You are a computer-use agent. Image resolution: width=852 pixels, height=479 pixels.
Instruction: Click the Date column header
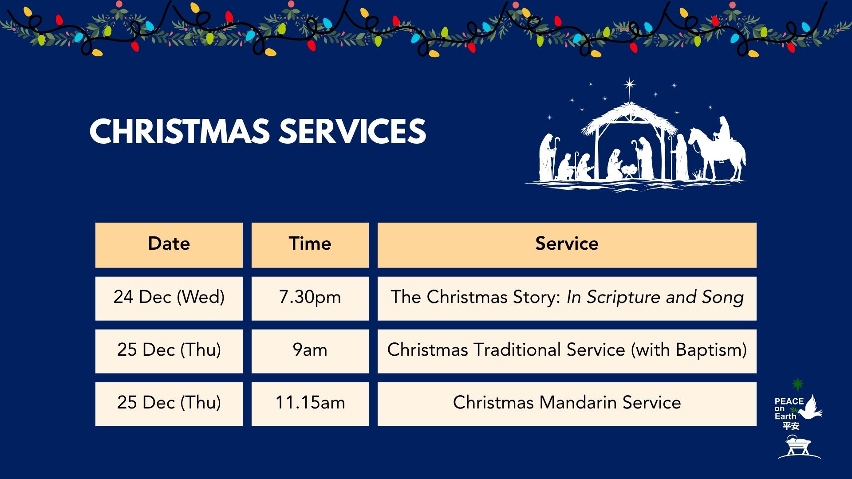pyautogui.click(x=169, y=245)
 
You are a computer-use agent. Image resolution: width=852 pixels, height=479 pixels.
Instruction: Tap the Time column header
pyautogui.click(x=310, y=245)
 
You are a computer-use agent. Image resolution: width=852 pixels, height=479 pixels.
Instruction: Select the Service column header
pyautogui.click(x=567, y=245)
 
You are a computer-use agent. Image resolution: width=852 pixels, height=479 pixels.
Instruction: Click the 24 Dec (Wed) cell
pyautogui.click(x=169, y=298)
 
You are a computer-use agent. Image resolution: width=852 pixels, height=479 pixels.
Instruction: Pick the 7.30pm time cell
pyautogui.click(x=310, y=298)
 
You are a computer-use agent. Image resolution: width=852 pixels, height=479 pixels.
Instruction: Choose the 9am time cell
pyautogui.click(x=310, y=351)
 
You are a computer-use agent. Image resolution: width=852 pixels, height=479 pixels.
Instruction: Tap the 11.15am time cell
pyautogui.click(x=310, y=404)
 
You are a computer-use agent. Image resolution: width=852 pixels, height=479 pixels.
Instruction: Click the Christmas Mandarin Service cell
pyautogui.click(x=567, y=404)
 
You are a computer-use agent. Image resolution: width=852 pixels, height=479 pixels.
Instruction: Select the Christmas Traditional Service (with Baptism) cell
pyautogui.click(x=567, y=351)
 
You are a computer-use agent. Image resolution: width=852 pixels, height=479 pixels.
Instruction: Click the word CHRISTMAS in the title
pyautogui.click(x=180, y=132)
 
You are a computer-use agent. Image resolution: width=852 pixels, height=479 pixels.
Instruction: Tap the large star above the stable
pyautogui.click(x=629, y=84)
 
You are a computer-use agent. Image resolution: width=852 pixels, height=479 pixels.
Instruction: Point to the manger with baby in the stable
pyautogui.click(x=629, y=171)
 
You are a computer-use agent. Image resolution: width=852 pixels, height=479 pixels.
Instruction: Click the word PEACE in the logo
pyautogui.click(x=789, y=401)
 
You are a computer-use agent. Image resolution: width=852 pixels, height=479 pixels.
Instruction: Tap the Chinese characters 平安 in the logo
pyautogui.click(x=791, y=426)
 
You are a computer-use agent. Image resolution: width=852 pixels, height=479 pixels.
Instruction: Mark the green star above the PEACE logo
pyautogui.click(x=798, y=384)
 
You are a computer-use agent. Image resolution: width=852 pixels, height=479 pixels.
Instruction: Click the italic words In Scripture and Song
pyautogui.click(x=655, y=298)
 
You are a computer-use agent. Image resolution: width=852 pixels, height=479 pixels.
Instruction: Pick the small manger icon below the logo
pyautogui.click(x=799, y=447)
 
